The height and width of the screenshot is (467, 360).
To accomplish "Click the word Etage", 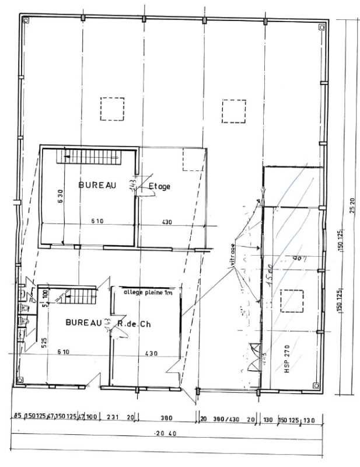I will click(160, 186).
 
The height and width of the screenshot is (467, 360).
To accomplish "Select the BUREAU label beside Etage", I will click(97, 185).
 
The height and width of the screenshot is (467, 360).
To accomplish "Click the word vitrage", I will click(233, 257).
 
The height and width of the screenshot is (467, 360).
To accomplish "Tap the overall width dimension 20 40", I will click(167, 433).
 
